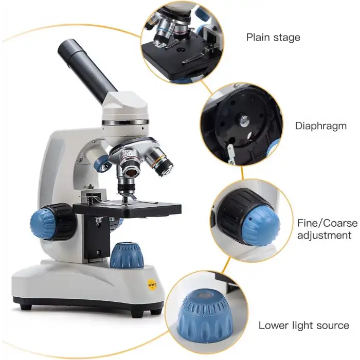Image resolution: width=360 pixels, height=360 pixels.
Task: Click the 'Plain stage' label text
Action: [x=273, y=38]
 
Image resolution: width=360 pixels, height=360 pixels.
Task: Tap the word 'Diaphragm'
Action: [x=321, y=126]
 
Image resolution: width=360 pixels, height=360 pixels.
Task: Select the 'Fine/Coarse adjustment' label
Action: [x=328, y=229]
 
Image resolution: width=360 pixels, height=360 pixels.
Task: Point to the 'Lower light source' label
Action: [x=304, y=326]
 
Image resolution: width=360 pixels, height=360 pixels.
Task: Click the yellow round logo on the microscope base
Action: [x=152, y=285]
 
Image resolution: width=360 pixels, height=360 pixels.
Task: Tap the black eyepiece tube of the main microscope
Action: [x=87, y=69]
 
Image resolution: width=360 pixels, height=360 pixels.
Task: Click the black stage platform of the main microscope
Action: [x=128, y=208]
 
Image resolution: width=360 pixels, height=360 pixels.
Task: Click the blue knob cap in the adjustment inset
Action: [x=261, y=226]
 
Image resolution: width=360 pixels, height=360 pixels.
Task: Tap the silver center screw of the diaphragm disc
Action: [x=244, y=121]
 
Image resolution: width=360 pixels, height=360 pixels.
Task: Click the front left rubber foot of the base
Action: [x=26, y=307]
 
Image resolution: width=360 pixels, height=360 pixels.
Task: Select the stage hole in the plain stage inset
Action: [x=181, y=49]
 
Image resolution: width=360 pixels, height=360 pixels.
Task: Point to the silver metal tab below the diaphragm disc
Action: [x=231, y=153]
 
